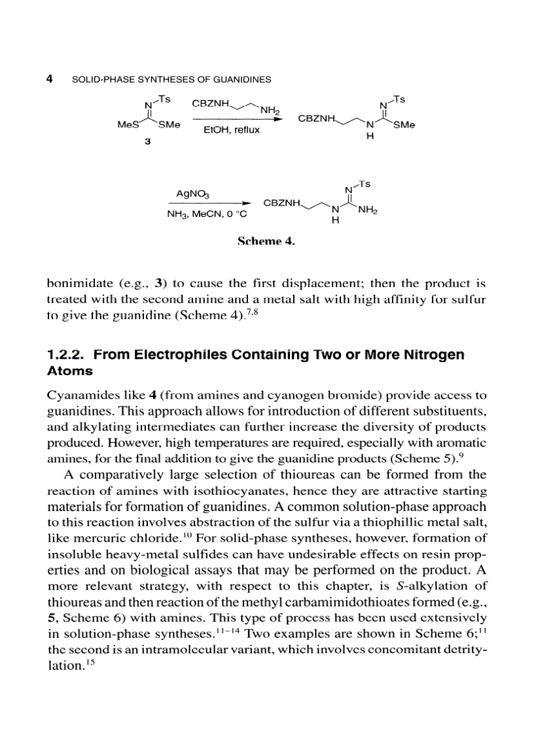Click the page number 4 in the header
pos(50,79)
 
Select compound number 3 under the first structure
pos(148,144)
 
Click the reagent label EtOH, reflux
pos(232,130)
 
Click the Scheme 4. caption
pos(266,241)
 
